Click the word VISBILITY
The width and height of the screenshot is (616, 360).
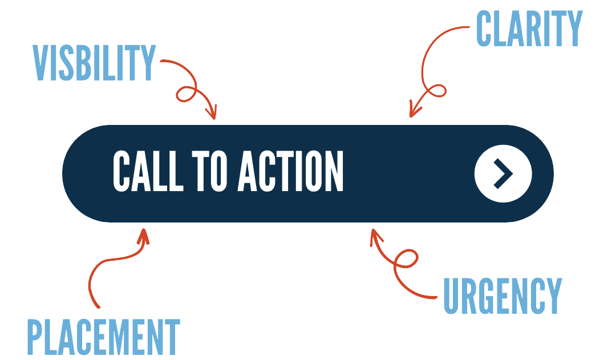94,63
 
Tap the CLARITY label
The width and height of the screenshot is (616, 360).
529,29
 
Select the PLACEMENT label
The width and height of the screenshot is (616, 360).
103,338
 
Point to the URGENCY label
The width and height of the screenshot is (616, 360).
502,296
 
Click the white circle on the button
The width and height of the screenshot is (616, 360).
502,173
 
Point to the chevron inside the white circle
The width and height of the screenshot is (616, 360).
504,173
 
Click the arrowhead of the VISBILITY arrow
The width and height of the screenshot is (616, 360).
213,114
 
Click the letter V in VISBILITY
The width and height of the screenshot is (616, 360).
40,63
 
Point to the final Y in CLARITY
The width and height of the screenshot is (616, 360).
574,29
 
